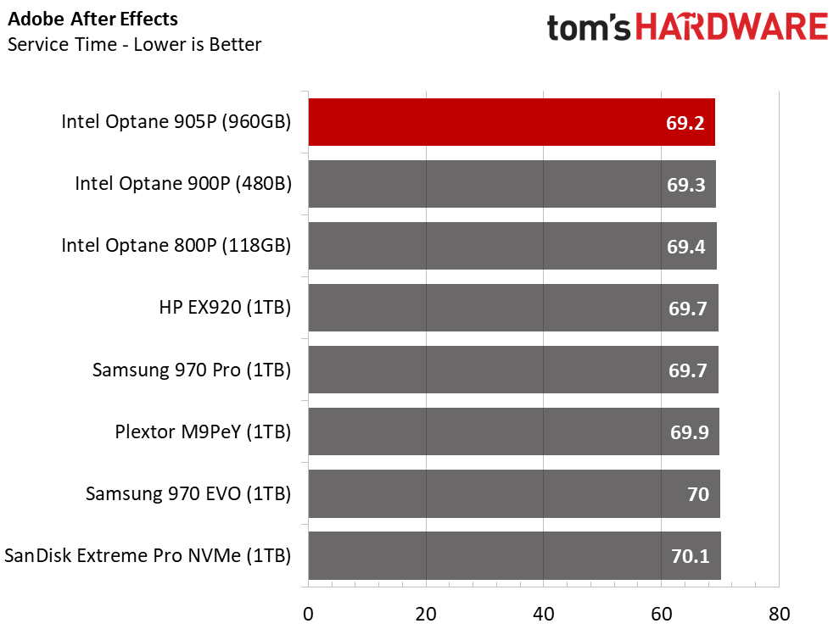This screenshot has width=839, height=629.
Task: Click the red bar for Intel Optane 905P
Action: click(512, 122)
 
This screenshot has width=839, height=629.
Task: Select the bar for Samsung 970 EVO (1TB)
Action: click(514, 493)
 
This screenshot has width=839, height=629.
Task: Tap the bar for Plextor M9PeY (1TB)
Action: click(513, 431)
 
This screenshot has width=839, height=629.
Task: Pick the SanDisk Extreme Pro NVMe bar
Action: click(514, 555)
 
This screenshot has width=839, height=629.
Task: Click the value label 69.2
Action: click(685, 123)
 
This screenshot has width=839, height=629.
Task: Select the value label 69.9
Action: click(687, 432)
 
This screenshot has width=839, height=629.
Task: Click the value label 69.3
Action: click(686, 185)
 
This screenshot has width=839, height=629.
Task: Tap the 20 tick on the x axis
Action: click(426, 612)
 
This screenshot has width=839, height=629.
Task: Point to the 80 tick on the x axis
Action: click(779, 612)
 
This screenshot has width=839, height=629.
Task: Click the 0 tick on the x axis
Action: click(308, 612)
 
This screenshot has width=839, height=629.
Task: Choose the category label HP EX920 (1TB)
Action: click(225, 309)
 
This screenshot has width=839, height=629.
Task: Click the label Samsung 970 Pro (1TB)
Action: click(192, 370)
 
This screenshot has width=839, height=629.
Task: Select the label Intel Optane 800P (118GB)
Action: click(176, 246)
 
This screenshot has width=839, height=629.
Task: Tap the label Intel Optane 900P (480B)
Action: click(183, 184)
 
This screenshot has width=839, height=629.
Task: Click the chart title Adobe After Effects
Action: click(93, 19)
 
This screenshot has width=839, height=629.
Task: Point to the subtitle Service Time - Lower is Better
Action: click(134, 44)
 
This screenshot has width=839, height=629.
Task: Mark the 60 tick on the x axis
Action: click(661, 612)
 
